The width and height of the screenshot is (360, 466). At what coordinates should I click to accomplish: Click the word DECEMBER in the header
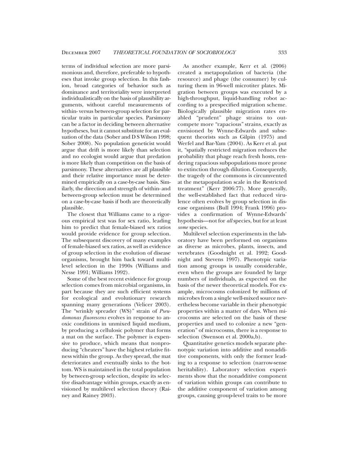(x=75, y=52)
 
